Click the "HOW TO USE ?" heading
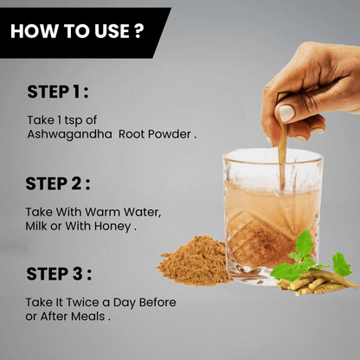(x=77, y=31)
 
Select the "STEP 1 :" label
(x=58, y=92)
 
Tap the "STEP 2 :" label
(x=58, y=183)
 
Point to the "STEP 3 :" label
(x=59, y=273)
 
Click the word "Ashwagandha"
(x=69, y=134)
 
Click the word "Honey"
(x=112, y=227)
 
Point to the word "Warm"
(x=102, y=212)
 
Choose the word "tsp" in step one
(x=74, y=120)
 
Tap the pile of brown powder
(x=194, y=262)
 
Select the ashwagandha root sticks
(x=318, y=283)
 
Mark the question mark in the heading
(x=138, y=31)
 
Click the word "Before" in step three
(x=157, y=302)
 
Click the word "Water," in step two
(x=142, y=212)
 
